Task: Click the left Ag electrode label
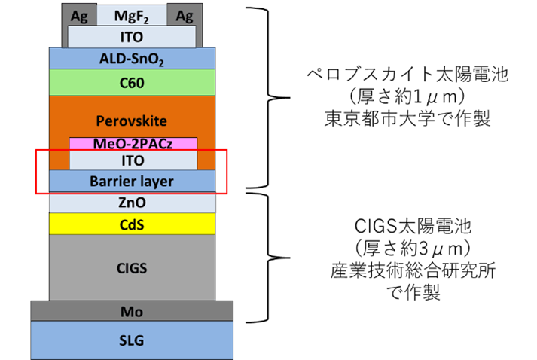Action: coord(79,16)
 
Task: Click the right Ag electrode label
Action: coord(185,16)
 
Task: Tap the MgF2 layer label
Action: coord(132,17)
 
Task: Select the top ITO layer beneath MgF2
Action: coord(132,37)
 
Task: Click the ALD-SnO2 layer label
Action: coord(132,59)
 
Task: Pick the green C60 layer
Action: coord(133,83)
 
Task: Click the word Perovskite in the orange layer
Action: coord(132,121)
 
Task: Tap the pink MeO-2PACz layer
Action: coord(133,144)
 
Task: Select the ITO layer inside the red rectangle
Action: coord(133,160)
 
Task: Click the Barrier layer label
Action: coord(132,182)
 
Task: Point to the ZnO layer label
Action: coord(132,203)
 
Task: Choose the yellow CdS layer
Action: coord(133,224)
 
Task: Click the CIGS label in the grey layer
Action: coord(132,268)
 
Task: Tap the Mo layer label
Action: coord(132,312)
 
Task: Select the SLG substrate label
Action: coord(132,340)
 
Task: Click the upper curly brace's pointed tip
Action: coord(290,98)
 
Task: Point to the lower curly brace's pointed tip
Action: coord(290,258)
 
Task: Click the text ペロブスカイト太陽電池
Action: coord(407,75)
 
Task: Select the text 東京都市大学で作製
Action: coord(407,118)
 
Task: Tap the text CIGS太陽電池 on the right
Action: coord(413,227)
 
